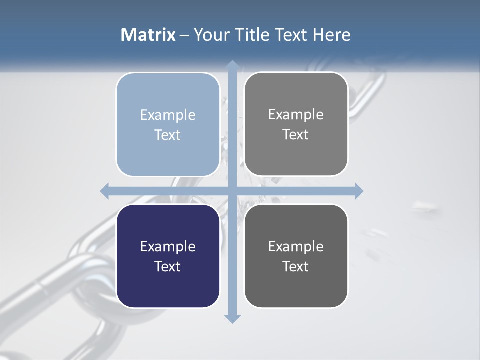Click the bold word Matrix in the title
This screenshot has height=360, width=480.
pos(148,35)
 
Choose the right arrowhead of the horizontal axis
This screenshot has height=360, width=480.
pos(359,191)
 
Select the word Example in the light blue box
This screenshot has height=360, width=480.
pos(168,115)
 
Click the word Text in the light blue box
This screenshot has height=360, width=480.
pos(168,135)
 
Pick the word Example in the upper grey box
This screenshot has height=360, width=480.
pos(296,115)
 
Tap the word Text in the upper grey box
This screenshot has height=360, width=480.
pos(296,134)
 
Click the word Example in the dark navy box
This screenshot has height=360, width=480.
pos(168,247)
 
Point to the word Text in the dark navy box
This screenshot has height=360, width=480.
pos(168,266)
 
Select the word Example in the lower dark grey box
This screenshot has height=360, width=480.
pos(296,247)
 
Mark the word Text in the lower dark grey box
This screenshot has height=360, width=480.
pos(296,266)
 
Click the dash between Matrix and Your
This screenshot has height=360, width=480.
pos(185,35)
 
